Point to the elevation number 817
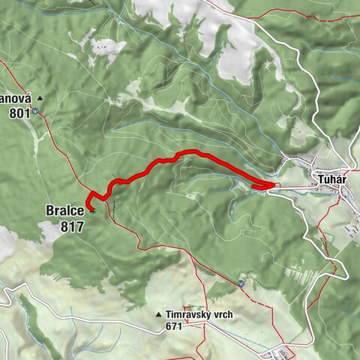(x=72, y=226)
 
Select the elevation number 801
(x=20, y=113)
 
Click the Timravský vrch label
(x=198, y=315)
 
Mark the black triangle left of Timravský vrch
(x=159, y=315)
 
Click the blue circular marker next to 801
(x=34, y=111)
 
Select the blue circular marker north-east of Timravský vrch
(x=241, y=283)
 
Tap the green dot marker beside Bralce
(x=93, y=211)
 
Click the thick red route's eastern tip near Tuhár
(x=277, y=185)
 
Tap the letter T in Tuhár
(x=312, y=180)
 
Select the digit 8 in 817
(x=64, y=226)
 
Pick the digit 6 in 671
(x=166, y=328)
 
